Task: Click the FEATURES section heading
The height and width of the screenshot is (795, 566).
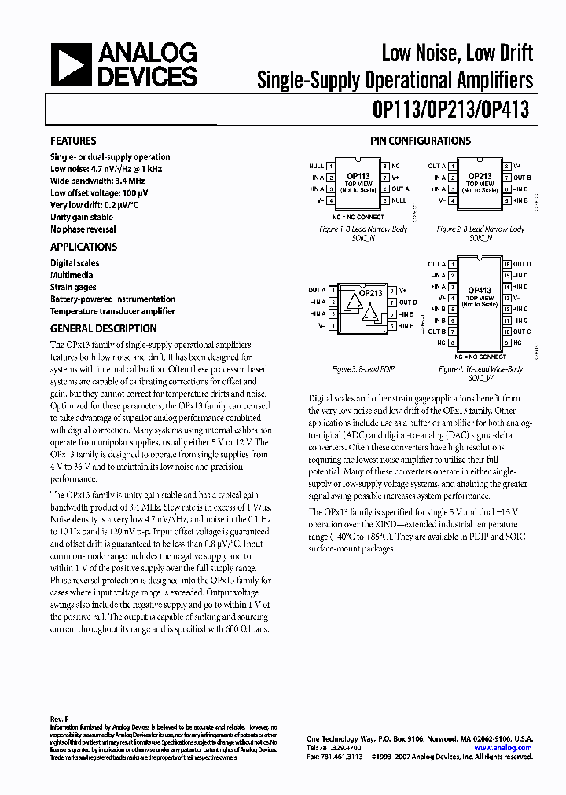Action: point(73,141)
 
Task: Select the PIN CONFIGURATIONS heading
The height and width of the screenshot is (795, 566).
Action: point(421,141)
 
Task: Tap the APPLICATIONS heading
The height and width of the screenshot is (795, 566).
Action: point(83,247)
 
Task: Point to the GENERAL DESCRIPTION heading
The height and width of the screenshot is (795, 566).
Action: point(103,329)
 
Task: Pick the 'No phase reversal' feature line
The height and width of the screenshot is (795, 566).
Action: point(83,229)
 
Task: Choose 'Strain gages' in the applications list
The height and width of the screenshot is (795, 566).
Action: point(73,288)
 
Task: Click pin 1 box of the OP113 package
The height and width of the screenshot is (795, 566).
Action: point(331,167)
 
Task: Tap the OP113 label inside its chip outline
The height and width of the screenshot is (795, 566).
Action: point(358,177)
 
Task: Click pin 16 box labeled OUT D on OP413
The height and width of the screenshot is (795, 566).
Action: point(507,265)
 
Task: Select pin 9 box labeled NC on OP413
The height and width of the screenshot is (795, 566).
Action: point(507,343)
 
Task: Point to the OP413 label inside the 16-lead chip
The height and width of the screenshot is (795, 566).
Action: point(480,290)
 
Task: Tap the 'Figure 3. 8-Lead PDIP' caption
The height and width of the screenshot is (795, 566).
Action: point(358,368)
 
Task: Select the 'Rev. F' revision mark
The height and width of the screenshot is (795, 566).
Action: point(60,719)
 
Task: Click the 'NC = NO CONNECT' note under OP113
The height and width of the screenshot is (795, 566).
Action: point(358,217)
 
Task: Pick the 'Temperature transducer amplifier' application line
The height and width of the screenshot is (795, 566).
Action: point(112,311)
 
